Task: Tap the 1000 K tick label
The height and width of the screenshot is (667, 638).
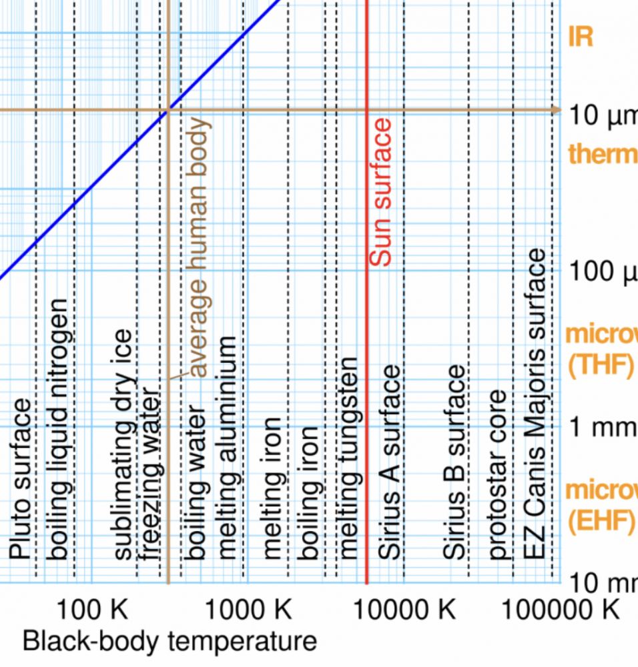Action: click(x=248, y=609)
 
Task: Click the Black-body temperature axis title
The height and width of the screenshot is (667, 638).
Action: click(x=170, y=642)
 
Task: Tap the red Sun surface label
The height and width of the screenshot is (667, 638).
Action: click(x=380, y=193)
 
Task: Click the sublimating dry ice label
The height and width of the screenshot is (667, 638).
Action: click(x=124, y=444)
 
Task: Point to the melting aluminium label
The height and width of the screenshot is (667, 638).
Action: click(x=228, y=447)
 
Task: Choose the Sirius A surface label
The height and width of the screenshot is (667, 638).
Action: click(x=389, y=461)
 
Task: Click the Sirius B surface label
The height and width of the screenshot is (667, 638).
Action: click(x=454, y=461)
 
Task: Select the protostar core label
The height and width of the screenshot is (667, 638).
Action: click(x=498, y=474)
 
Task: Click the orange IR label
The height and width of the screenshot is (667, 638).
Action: click(x=580, y=37)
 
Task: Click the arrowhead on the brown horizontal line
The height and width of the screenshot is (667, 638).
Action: click(x=555, y=109)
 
